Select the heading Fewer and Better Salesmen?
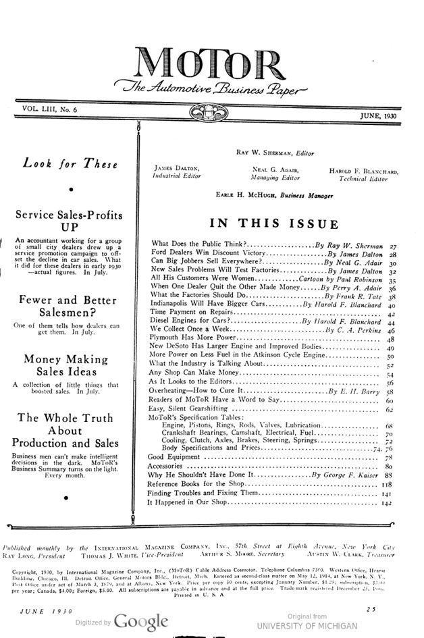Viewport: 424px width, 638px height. click(x=70, y=307)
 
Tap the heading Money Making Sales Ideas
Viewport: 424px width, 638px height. click(x=70, y=365)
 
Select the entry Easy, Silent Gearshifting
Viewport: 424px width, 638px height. click(x=191, y=409)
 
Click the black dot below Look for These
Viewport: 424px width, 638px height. click(x=70, y=190)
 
